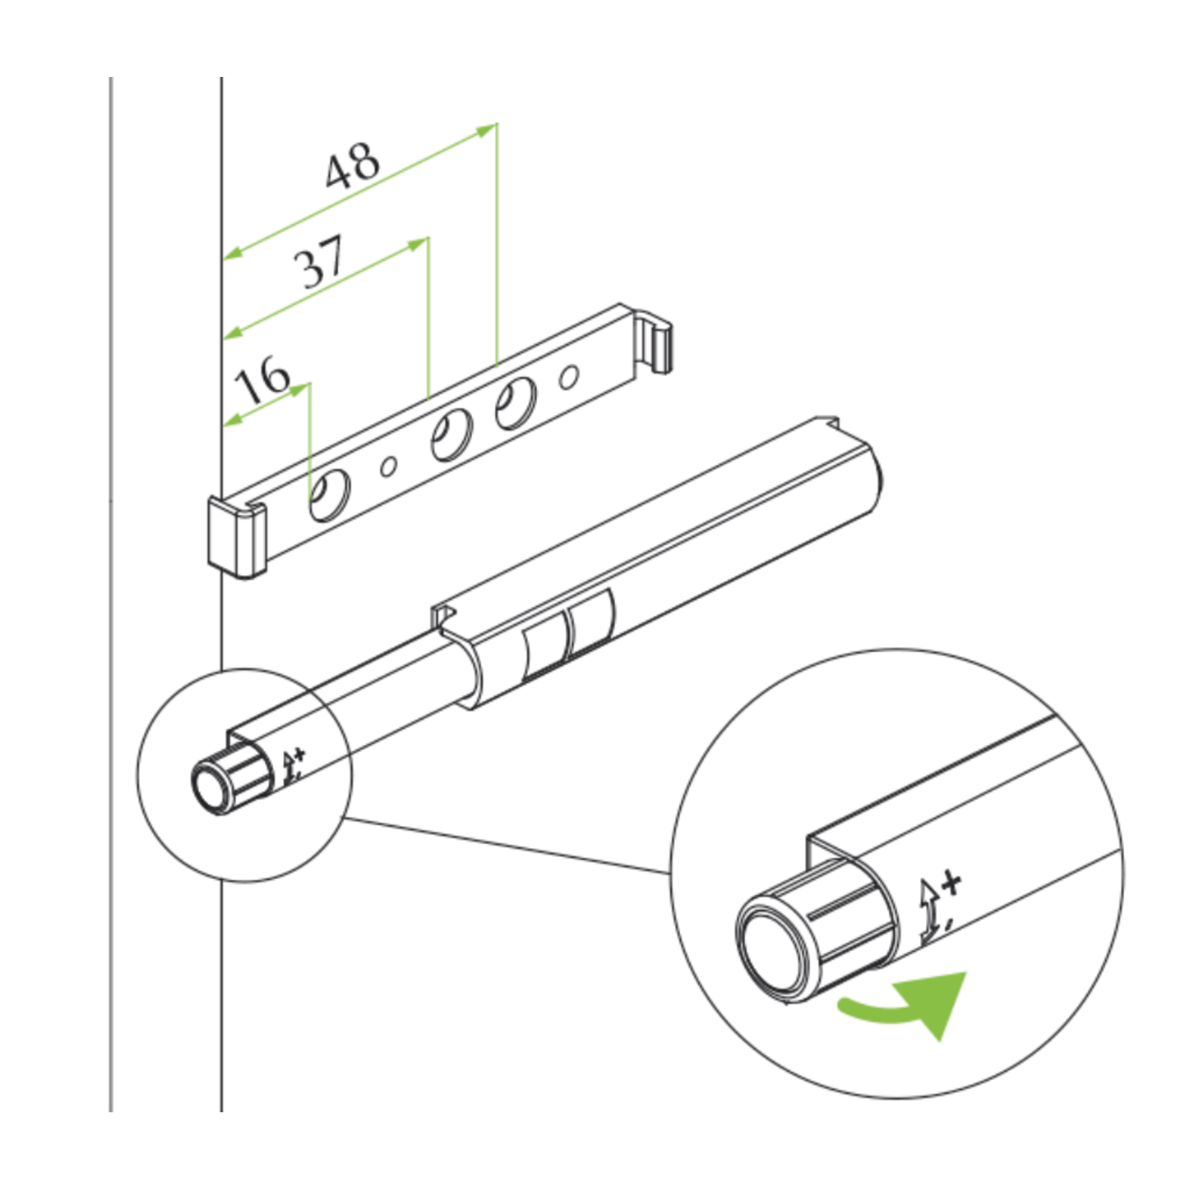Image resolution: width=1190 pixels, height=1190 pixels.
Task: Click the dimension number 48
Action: tap(353, 166)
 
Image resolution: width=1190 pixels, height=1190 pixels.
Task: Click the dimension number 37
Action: tap(320, 261)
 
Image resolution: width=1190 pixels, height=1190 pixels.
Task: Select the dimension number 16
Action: tap(263, 381)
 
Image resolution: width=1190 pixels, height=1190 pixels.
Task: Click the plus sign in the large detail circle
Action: tap(950, 882)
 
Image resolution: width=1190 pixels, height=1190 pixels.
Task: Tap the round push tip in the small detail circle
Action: tap(212, 786)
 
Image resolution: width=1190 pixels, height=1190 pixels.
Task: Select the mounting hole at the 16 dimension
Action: tap(329, 494)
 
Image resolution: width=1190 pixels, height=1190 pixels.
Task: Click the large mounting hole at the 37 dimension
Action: tap(451, 435)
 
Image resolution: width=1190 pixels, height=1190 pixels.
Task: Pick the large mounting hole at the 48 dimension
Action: tap(516, 404)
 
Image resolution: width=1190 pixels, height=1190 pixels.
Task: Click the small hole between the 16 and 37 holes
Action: tap(389, 466)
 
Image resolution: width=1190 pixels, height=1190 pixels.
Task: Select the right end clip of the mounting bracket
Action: tap(657, 340)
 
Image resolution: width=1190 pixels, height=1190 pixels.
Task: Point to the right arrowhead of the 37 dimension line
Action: tap(418, 244)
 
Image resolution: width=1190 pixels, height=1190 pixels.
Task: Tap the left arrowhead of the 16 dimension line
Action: tap(232, 418)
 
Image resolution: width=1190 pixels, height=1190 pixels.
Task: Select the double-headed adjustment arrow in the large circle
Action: tap(928, 912)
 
